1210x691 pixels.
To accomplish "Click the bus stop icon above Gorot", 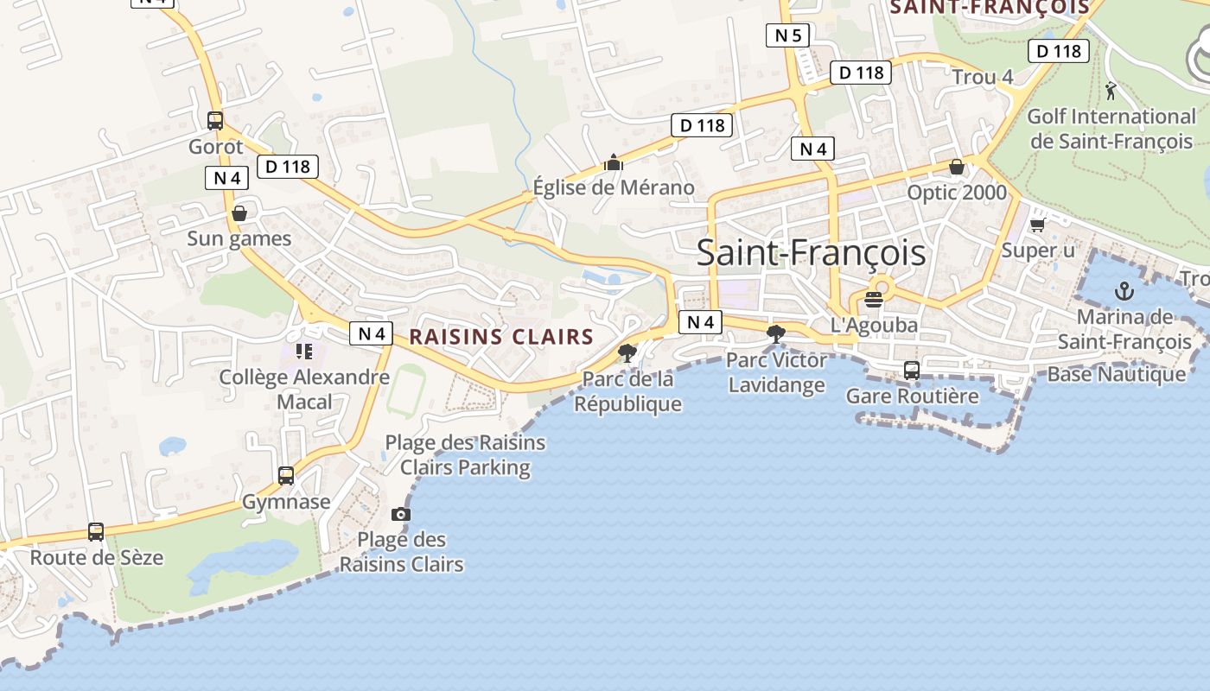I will [215, 121].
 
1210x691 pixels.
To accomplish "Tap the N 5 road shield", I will [787, 35].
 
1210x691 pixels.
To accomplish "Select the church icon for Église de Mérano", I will [614, 162].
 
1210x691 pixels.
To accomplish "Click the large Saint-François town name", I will [811, 253].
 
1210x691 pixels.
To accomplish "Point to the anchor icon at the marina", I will [1124, 291].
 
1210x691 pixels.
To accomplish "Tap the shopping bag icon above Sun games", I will [239, 213].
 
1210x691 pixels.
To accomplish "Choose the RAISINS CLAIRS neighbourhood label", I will [501, 337].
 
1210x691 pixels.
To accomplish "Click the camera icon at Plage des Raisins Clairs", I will [400, 515].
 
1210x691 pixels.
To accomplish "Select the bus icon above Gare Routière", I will [912, 371].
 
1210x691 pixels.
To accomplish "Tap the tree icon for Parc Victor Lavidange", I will [776, 333].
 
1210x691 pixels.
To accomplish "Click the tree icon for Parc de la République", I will [627, 352].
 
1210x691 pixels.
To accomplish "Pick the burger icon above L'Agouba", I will [873, 300].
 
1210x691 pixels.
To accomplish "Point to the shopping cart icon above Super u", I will [1038, 225].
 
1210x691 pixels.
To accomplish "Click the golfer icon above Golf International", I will [1111, 91].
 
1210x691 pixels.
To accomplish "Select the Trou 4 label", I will [983, 77].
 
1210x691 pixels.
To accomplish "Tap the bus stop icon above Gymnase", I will [286, 475].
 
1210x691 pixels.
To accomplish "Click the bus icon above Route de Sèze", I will [96, 532].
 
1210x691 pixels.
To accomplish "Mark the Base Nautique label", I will [1117, 374].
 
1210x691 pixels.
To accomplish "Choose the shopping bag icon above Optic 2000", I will [957, 167].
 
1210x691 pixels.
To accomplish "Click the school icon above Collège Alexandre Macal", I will [303, 351].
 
